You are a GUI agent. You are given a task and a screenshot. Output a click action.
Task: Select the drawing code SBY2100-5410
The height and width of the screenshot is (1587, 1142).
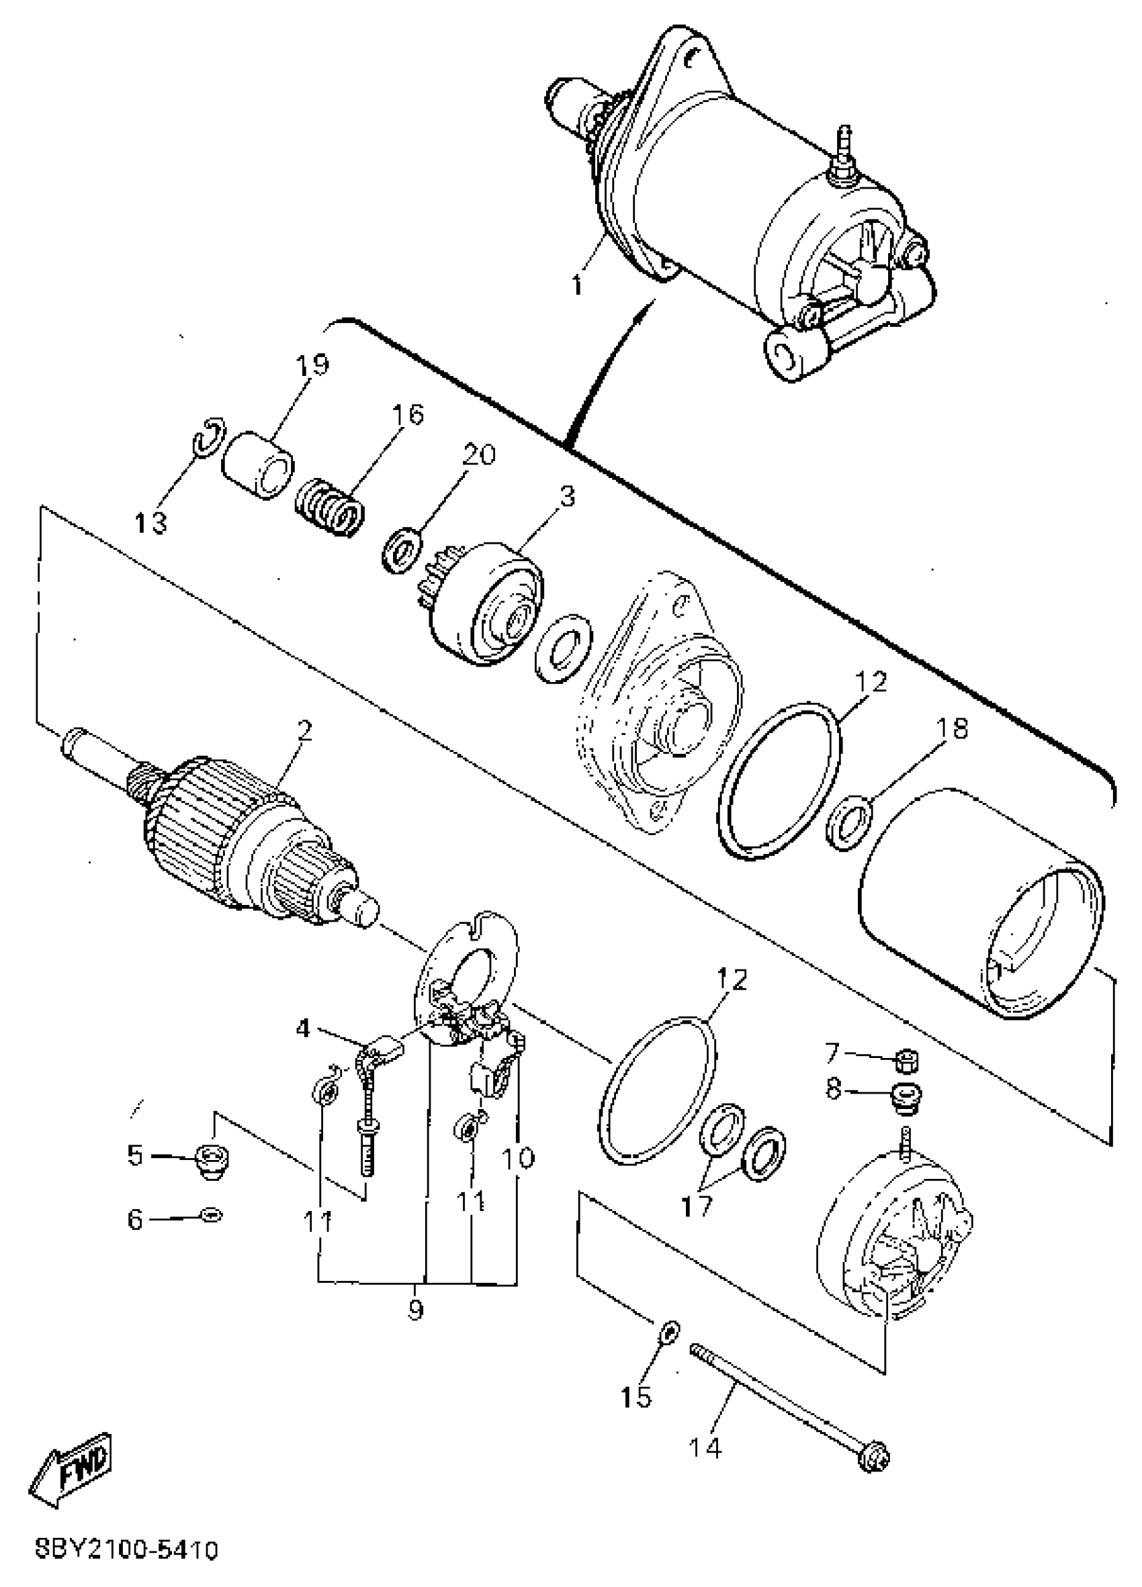click(x=128, y=1549)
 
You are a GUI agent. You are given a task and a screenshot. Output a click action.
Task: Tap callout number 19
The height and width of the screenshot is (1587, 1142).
click(x=312, y=365)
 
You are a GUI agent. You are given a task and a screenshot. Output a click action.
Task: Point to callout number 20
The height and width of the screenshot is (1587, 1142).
click(x=479, y=456)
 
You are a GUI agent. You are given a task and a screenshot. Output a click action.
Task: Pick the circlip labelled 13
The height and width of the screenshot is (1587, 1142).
click(x=209, y=440)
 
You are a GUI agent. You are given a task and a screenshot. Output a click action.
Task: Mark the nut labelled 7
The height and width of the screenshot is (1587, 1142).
click(x=907, y=1061)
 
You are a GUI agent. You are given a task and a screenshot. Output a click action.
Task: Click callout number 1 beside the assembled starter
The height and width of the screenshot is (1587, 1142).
click(x=576, y=285)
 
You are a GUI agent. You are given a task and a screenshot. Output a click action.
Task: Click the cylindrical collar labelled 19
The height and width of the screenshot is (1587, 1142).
click(x=258, y=465)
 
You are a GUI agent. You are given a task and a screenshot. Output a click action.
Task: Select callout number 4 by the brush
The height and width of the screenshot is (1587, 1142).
click(x=302, y=1028)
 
